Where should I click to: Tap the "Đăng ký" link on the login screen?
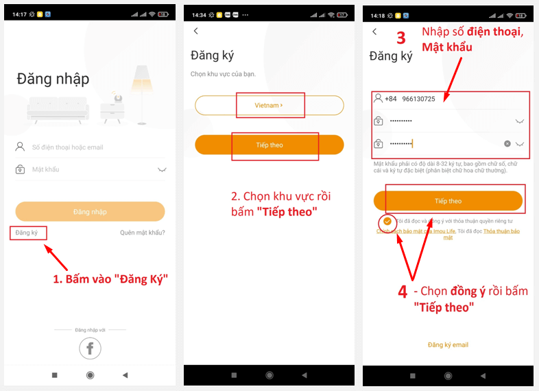click(27, 233)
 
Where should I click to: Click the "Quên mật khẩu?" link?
click(142, 233)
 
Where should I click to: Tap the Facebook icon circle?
click(90, 348)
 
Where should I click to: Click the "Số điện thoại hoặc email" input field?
click(89, 147)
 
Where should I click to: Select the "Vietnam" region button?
click(269, 106)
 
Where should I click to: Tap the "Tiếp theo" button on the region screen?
click(269, 145)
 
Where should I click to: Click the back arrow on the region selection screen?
click(196, 31)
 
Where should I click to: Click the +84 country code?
click(390, 99)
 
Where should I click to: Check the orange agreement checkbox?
click(387, 222)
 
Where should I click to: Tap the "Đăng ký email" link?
click(448, 344)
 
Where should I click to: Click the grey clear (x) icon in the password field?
click(507, 144)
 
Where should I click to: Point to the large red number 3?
click(401, 38)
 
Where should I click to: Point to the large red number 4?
click(403, 292)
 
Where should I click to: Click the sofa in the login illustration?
click(58, 109)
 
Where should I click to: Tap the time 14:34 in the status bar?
click(199, 14)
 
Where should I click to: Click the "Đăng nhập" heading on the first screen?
click(53, 79)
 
